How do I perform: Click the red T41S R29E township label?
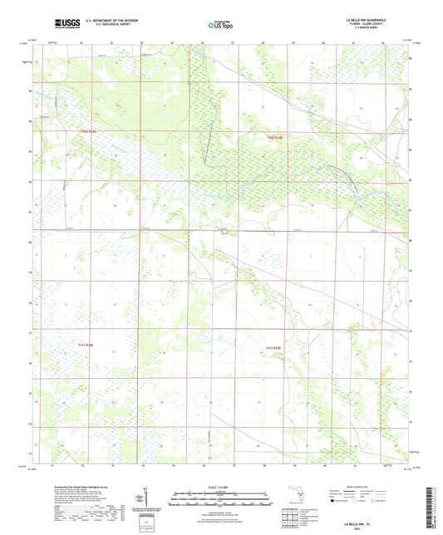click(x=275, y=138)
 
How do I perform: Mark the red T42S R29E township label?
click(x=275, y=347)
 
